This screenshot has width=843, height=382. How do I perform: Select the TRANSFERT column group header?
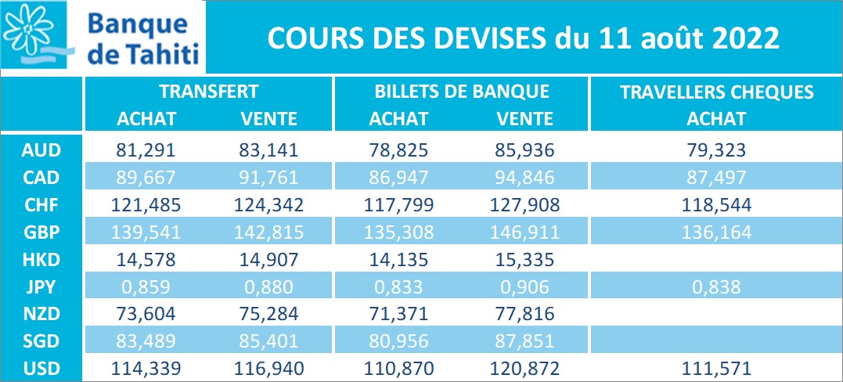208,92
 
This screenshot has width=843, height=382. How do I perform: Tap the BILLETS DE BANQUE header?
462,92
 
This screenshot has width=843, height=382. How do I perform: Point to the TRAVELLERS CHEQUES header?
716,92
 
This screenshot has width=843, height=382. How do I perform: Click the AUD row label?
41,148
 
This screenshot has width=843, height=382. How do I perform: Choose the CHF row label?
41,204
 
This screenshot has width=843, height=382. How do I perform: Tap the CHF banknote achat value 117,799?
398,204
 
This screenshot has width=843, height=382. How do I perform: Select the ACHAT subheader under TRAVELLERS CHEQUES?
716,119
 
